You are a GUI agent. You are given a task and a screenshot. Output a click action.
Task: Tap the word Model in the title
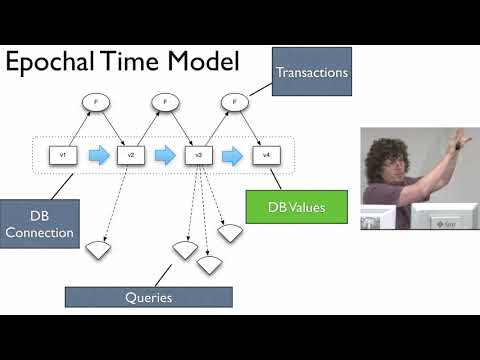[x=198, y=62]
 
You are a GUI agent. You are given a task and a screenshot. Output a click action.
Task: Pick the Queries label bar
[x=148, y=297]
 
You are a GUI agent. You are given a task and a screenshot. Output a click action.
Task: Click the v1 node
[x=63, y=155]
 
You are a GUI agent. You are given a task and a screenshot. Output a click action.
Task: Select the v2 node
[x=131, y=155]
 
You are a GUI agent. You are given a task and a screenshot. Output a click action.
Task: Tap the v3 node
[x=199, y=155]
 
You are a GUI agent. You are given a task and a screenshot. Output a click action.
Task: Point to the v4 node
[x=266, y=155]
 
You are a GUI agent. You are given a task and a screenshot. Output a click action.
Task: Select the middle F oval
[x=165, y=101]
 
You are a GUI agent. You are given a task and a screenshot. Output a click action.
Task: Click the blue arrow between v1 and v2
[x=97, y=155]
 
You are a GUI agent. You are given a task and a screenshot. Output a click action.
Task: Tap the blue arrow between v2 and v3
[x=165, y=155]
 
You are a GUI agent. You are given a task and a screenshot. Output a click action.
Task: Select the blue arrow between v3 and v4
[x=232, y=155]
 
